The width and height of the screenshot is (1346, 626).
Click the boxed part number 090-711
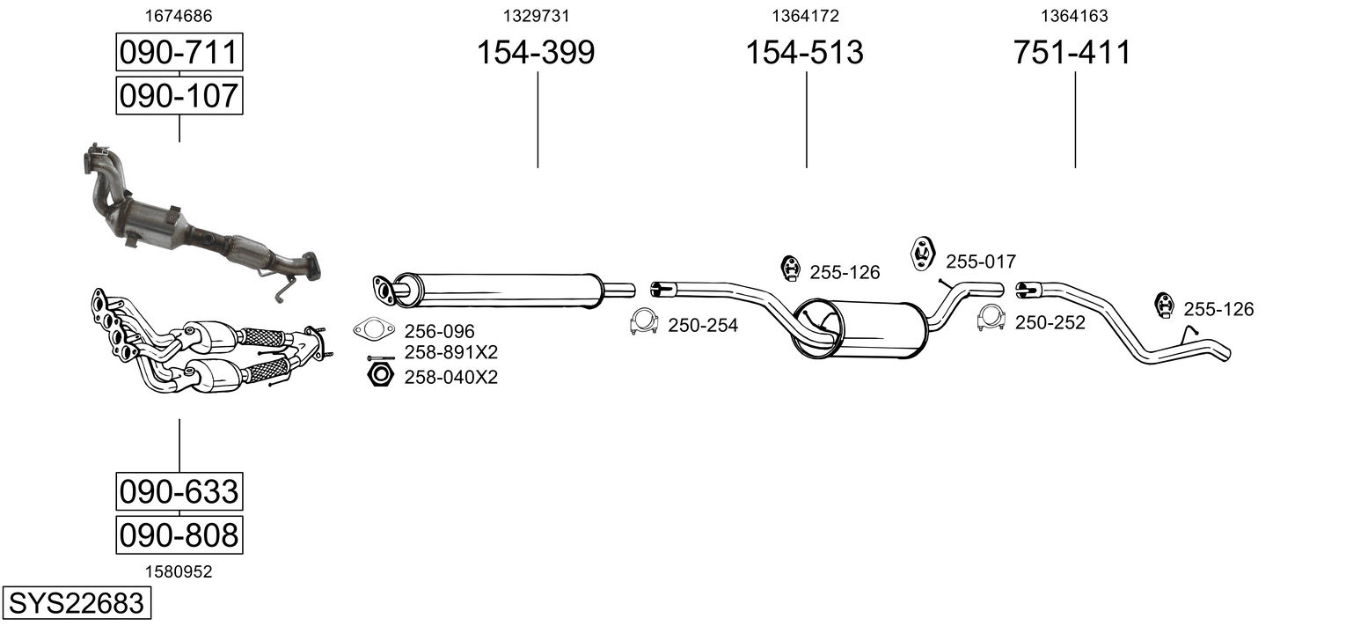(179, 52)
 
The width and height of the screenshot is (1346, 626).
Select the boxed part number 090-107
(179, 95)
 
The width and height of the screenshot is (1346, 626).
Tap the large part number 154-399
(536, 52)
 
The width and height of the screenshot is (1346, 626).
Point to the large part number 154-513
(805, 52)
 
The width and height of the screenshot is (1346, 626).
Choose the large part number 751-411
(1072, 52)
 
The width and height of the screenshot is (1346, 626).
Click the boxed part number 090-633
(179, 491)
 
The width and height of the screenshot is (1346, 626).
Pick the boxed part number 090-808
(179, 534)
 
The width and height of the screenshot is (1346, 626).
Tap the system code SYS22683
(77, 603)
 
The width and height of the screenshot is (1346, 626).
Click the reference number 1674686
(179, 16)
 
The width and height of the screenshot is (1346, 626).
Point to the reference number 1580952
(179, 571)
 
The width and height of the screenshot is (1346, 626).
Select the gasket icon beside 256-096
(374, 329)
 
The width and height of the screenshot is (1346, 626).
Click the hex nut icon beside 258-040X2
(380, 375)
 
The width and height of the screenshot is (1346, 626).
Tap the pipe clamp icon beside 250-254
(644, 322)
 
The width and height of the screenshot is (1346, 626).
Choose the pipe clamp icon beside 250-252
(991, 319)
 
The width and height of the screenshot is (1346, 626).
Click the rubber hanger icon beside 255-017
(922, 254)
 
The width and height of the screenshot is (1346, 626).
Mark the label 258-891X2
(450, 352)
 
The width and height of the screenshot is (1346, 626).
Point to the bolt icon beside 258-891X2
(380, 357)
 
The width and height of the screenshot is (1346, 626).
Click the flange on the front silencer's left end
(384, 289)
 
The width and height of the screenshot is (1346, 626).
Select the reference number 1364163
(1074, 16)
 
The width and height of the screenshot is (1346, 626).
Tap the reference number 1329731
(536, 16)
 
